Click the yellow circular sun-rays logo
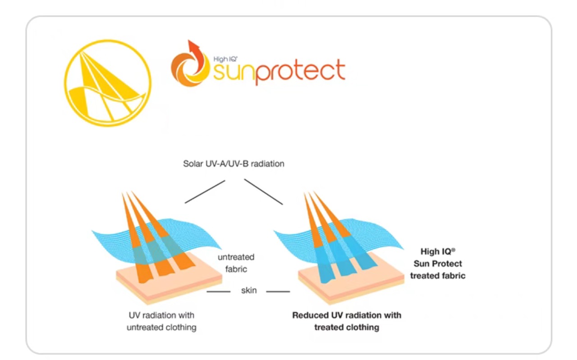pyautogui.click(x=108, y=83)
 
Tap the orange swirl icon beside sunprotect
pyautogui.click(x=190, y=67)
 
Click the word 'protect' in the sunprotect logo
pyautogui.click(x=300, y=71)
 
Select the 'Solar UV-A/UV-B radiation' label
pyautogui.click(x=234, y=164)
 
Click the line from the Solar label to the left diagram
pyautogui.click(x=205, y=192)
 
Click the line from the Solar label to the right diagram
pyautogui.click(x=263, y=192)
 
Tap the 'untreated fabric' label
pyautogui.click(x=236, y=263)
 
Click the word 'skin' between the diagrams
pyautogui.click(x=249, y=291)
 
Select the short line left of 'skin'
pyautogui.click(x=218, y=292)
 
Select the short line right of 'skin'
pyautogui.click(x=278, y=292)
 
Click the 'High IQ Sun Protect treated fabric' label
pyautogui.click(x=437, y=264)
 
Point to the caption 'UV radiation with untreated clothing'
pyautogui.click(x=161, y=321)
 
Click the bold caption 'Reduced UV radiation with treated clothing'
pyautogui.click(x=347, y=321)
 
